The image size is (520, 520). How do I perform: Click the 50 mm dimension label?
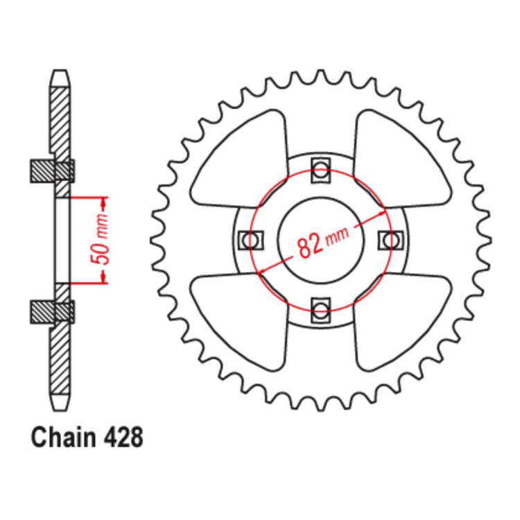tap(102, 240)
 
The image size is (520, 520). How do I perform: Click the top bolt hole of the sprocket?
tap(320, 168)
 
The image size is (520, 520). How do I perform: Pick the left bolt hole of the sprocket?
tap(250, 239)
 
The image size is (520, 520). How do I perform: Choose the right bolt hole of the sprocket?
tap(391, 239)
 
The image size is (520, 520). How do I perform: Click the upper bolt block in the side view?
tap(53, 169)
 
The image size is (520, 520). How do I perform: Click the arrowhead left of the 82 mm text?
tap(263, 273)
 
